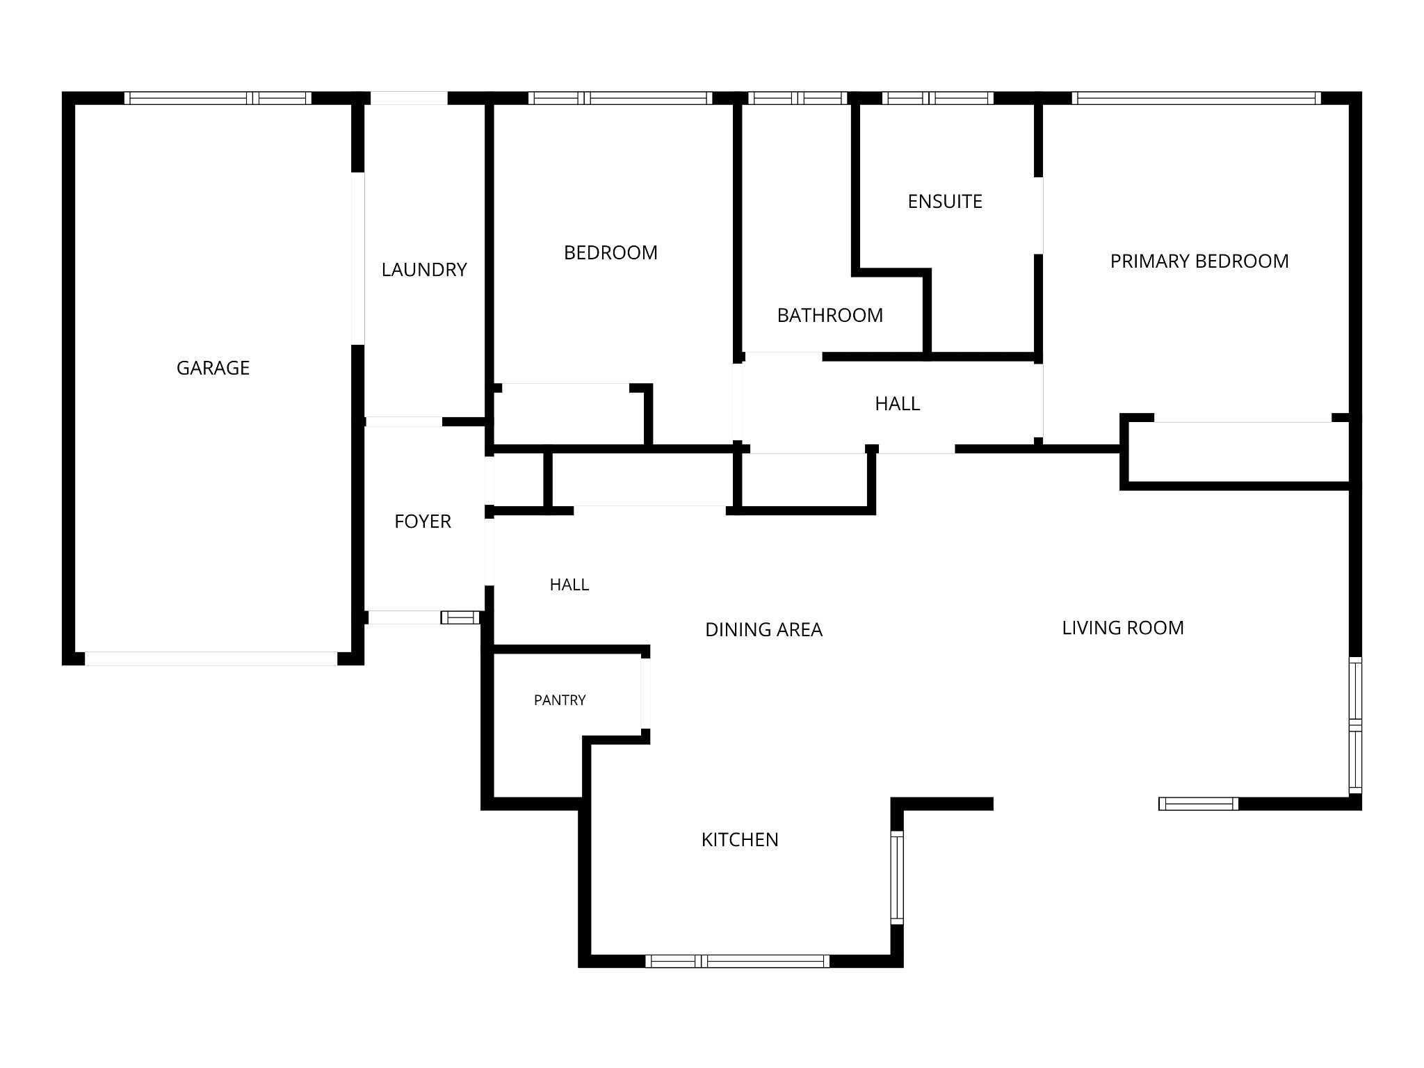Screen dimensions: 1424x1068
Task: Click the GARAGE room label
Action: (213, 368)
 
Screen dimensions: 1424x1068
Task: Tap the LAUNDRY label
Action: (424, 270)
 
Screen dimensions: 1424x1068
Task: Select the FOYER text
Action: (423, 521)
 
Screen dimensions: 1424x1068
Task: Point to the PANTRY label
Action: (560, 700)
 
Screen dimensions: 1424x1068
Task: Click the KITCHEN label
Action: (740, 840)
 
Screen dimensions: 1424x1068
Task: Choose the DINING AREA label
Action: (763, 630)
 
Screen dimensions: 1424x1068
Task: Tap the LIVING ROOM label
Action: (1123, 628)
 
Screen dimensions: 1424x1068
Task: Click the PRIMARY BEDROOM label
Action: (1199, 261)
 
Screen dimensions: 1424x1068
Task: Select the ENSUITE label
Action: (945, 202)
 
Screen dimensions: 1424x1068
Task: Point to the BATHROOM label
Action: (830, 316)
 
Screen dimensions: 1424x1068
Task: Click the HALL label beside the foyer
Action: (569, 585)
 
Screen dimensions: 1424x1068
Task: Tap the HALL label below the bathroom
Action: (898, 404)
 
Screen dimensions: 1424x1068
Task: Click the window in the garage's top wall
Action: (218, 98)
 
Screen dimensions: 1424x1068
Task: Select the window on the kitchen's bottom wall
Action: (738, 961)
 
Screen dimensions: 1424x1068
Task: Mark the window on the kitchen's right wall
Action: (897, 877)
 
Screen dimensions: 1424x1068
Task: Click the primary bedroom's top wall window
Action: (1196, 98)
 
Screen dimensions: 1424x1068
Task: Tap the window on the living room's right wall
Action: (1355, 725)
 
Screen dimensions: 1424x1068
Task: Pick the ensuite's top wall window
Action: (938, 98)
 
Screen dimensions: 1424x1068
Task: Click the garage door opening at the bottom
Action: (211, 658)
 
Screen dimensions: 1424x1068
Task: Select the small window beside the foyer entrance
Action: (460, 617)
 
